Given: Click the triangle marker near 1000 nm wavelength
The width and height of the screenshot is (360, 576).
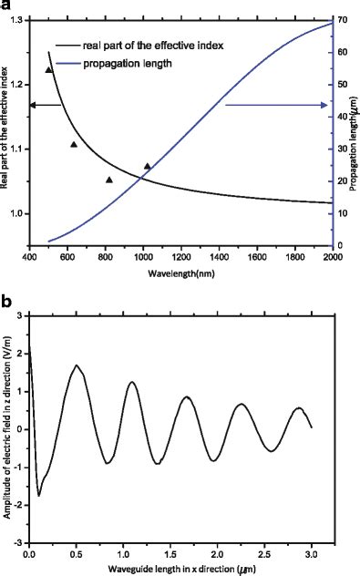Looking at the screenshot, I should (148, 167).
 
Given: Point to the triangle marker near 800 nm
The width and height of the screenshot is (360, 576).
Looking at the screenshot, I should (109, 180).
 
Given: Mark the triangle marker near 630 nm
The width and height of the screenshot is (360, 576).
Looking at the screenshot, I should (74, 144).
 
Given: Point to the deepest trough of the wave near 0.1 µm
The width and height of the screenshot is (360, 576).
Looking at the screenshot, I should (39, 496).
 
